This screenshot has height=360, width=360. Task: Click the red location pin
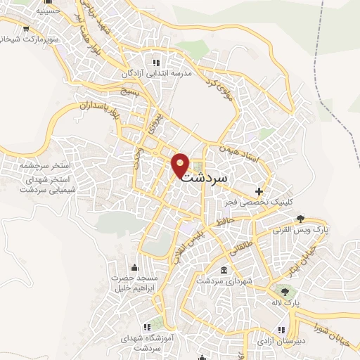point(181,165)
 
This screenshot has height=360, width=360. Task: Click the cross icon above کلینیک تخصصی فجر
point(259,191)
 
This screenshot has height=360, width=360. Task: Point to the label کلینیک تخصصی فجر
point(259,202)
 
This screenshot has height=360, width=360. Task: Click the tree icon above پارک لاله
point(284,292)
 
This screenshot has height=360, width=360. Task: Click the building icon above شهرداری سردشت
point(224,271)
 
